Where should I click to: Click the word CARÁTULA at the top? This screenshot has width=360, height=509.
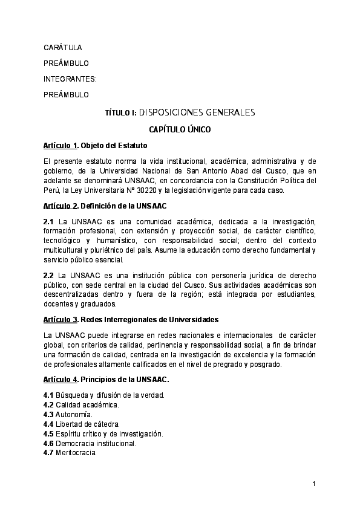pyautogui.click(x=63, y=47)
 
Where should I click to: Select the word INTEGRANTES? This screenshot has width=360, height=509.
pyautogui.click(x=70, y=79)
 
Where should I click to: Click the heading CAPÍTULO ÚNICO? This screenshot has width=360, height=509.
pyautogui.click(x=180, y=129)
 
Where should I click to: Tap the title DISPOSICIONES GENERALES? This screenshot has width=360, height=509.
pyautogui.click(x=188, y=112)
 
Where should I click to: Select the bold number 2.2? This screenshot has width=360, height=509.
pyautogui.click(x=49, y=276)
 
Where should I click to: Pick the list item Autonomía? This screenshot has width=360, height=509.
pyautogui.click(x=74, y=414)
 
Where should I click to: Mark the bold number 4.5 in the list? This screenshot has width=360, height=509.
pyautogui.click(x=49, y=433)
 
